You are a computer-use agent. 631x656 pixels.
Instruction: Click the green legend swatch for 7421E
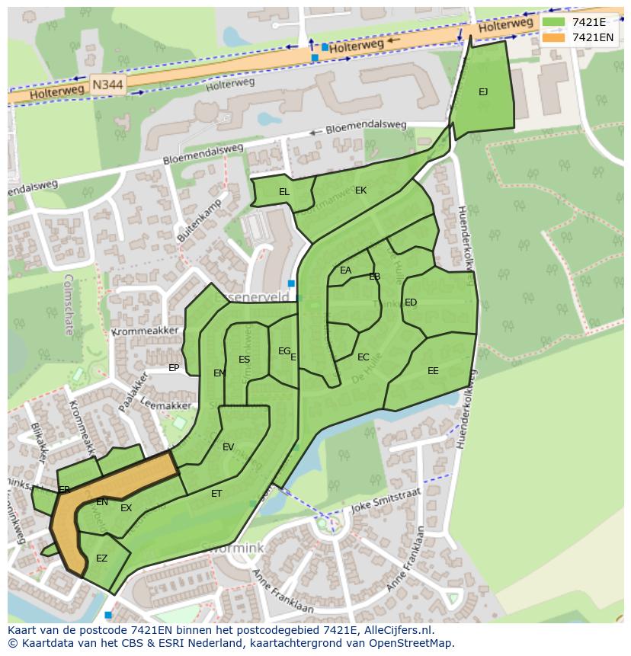[x=553, y=22]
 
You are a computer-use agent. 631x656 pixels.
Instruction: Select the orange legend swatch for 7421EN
[x=553, y=37]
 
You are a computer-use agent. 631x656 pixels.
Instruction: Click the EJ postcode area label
[x=483, y=92]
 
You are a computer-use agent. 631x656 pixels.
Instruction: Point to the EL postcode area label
[x=284, y=192]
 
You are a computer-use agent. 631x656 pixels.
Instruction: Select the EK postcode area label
[x=360, y=190]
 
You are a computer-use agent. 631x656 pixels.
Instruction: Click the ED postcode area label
[x=411, y=302]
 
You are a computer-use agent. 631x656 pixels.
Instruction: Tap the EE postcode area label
[x=433, y=371]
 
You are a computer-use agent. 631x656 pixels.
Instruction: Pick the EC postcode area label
[x=364, y=357]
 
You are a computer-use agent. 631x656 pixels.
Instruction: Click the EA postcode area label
[x=346, y=270]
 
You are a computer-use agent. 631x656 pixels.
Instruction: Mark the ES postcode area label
[x=244, y=360]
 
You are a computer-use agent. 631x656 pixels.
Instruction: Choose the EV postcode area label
[x=228, y=447]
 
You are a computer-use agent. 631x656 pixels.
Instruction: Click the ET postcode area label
[x=216, y=494]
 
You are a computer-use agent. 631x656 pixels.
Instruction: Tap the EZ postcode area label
[x=101, y=558]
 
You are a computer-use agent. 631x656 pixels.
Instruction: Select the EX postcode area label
[x=126, y=508]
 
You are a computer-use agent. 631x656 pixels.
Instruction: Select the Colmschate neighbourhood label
[x=69, y=305]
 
